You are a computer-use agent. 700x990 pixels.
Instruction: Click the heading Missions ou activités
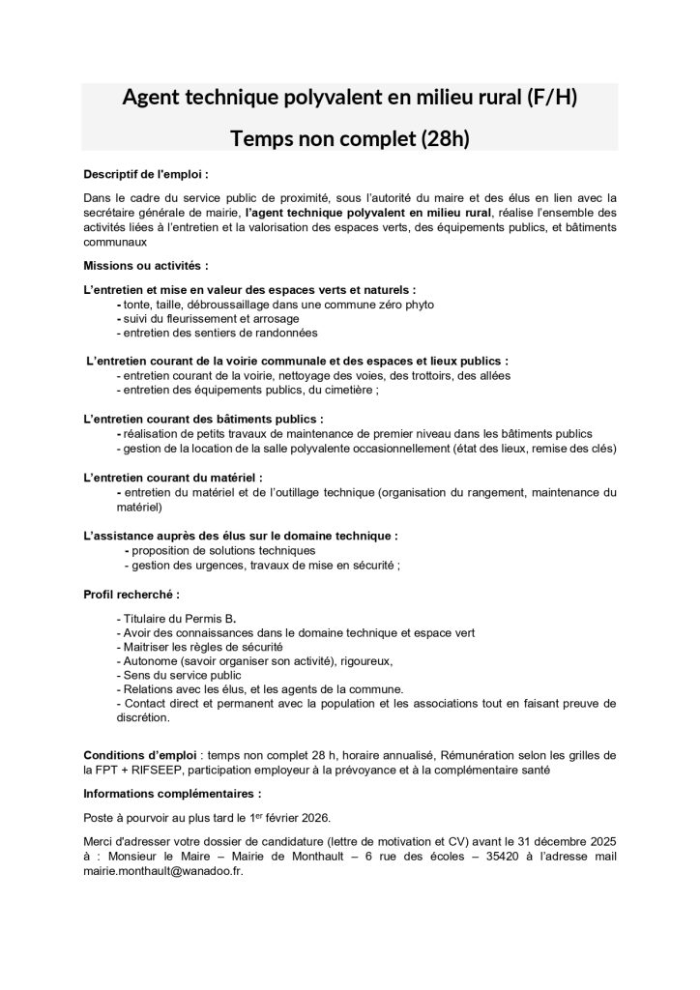146,263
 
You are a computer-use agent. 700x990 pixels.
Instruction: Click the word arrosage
275,318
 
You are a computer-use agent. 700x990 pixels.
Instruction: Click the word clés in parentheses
599,449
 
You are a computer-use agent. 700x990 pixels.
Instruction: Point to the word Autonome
147,660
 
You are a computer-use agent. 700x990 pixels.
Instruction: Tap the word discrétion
141,718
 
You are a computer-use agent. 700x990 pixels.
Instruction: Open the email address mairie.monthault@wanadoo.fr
163,870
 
